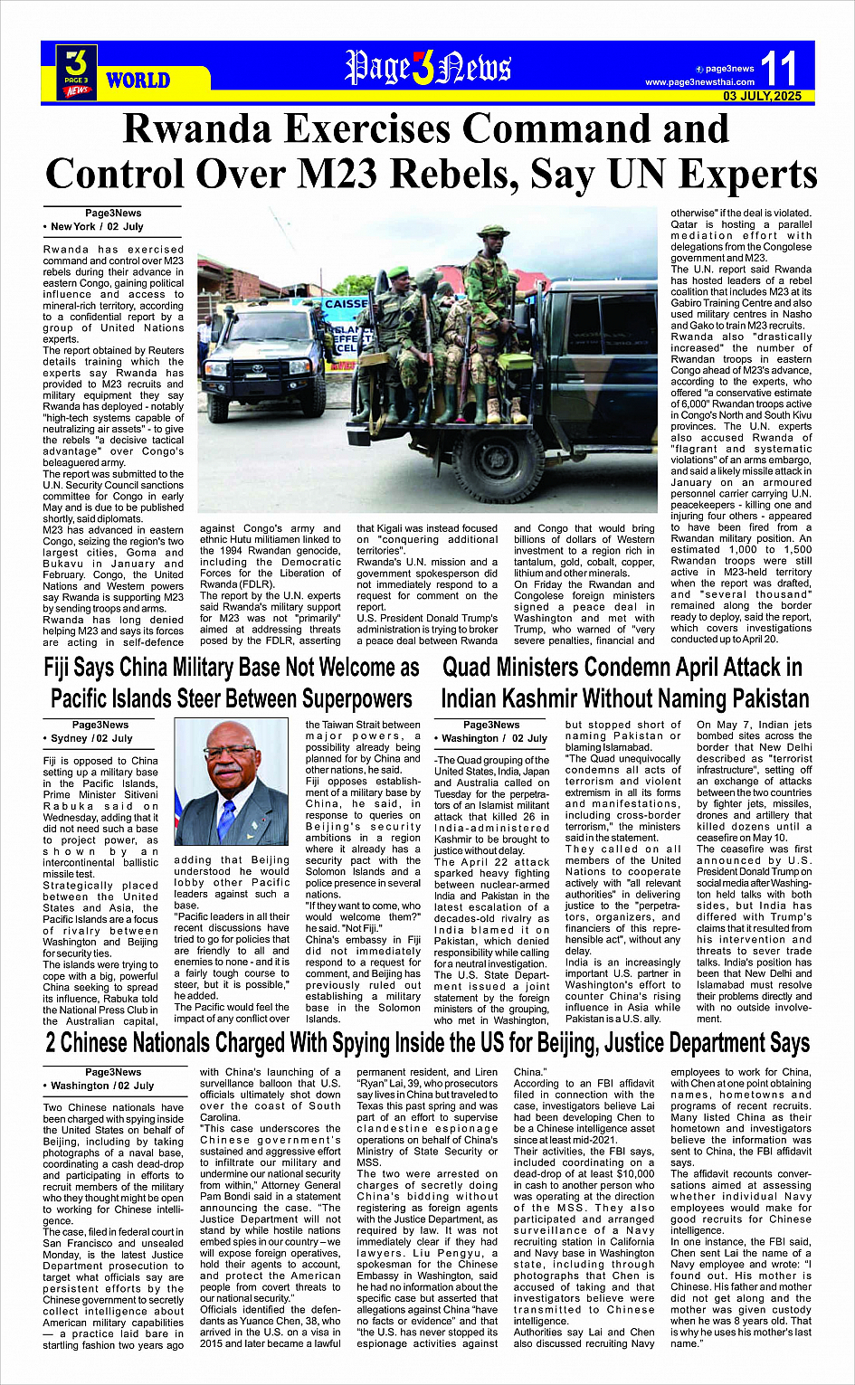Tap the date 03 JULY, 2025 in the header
pos(762,96)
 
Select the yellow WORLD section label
pos(138,81)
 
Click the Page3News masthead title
pos(428,68)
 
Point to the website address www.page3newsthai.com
pos(699,82)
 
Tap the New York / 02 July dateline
pos(97,226)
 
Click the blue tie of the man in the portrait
pos(226,816)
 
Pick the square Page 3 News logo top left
pos(77,71)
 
